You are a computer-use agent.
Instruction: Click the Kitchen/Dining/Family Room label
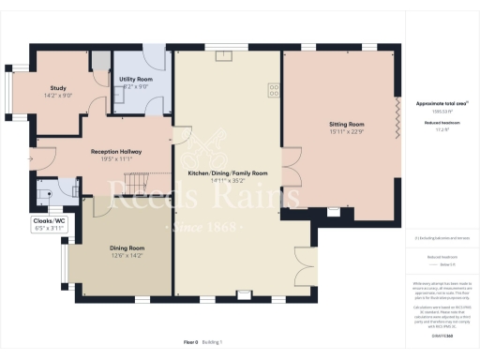(x=228, y=173)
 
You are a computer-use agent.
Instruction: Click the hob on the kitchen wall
(x=274, y=91)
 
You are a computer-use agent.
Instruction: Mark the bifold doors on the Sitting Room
(x=399, y=120)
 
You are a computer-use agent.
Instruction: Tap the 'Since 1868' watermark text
(x=207, y=228)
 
